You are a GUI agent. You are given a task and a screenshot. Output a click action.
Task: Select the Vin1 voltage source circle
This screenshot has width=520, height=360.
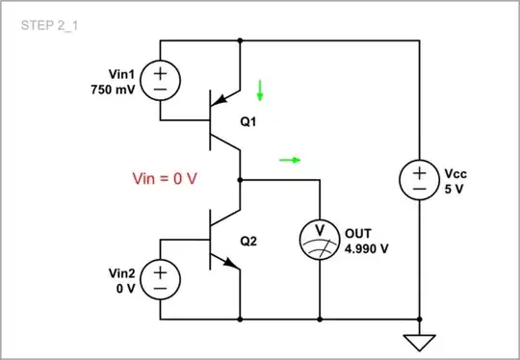(x=158, y=81)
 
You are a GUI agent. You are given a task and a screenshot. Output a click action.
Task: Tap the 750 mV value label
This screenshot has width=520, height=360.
(x=114, y=89)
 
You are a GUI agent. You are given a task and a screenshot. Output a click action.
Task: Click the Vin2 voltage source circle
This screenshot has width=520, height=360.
(x=158, y=279)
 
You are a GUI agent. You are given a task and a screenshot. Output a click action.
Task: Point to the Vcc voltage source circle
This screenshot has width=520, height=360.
(x=420, y=180)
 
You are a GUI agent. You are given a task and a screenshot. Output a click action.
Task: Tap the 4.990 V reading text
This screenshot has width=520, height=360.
(x=367, y=246)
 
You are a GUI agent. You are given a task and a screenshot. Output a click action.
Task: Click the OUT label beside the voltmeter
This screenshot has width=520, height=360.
(x=357, y=232)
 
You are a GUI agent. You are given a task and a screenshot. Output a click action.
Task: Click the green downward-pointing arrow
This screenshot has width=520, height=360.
(x=259, y=92)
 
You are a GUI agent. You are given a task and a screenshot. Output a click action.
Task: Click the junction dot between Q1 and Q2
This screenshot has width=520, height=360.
(x=240, y=179)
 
